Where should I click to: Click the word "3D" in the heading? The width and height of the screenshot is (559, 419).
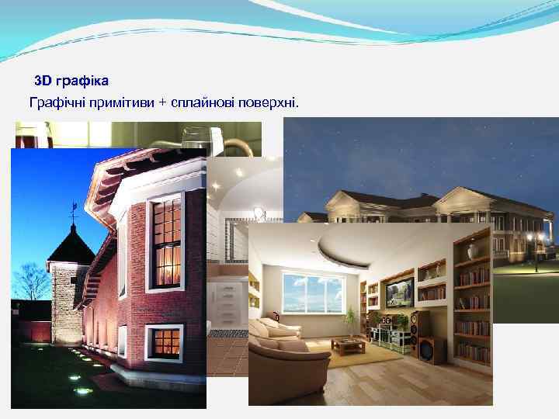coord(43,81)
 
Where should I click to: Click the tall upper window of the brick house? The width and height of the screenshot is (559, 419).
coord(166,232)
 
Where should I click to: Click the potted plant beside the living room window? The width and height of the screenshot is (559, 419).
coord(350,318)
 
